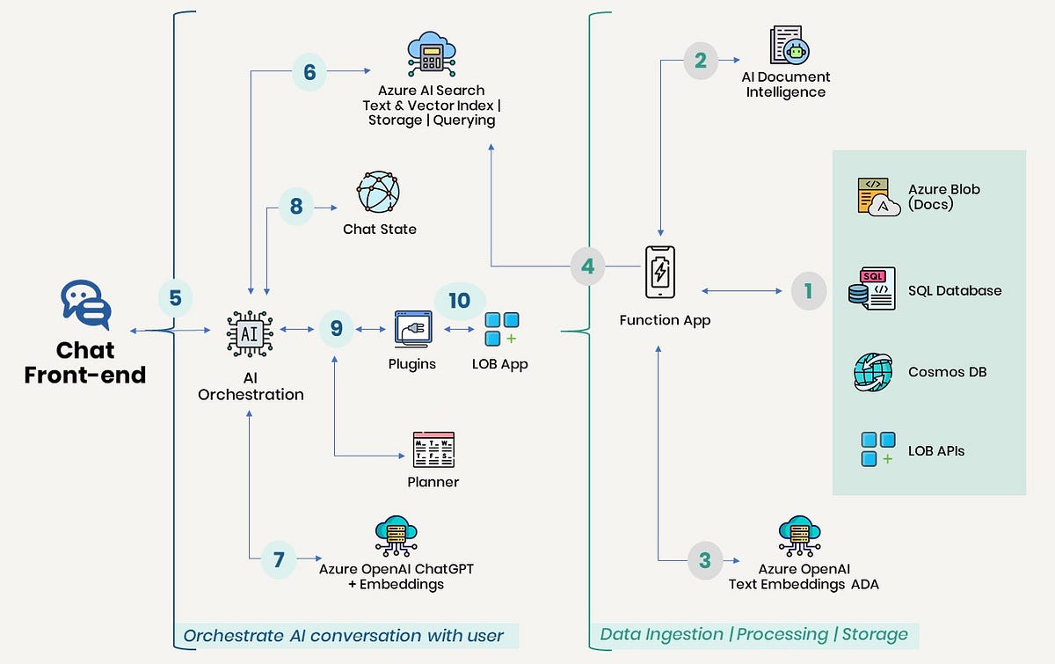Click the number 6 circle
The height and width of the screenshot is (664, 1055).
(x=309, y=72)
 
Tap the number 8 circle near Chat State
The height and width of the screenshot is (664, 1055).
(x=296, y=208)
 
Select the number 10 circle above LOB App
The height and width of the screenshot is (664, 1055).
(x=459, y=301)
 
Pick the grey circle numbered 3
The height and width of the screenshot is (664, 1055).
(x=704, y=559)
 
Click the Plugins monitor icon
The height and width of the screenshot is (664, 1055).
(x=412, y=329)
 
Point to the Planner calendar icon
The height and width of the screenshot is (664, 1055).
(x=433, y=449)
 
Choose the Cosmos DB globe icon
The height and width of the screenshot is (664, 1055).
(x=873, y=371)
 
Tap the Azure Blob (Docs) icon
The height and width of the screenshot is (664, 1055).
(x=878, y=197)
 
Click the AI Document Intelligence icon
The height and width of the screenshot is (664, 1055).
(x=789, y=45)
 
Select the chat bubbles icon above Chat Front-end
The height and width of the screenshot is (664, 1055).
(x=86, y=304)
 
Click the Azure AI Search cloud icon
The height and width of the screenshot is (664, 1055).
(x=432, y=55)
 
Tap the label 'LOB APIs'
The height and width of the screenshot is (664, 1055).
(x=936, y=450)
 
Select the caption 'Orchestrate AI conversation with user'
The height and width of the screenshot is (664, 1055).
(x=344, y=635)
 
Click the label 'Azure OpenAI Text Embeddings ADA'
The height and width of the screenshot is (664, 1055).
(x=804, y=577)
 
